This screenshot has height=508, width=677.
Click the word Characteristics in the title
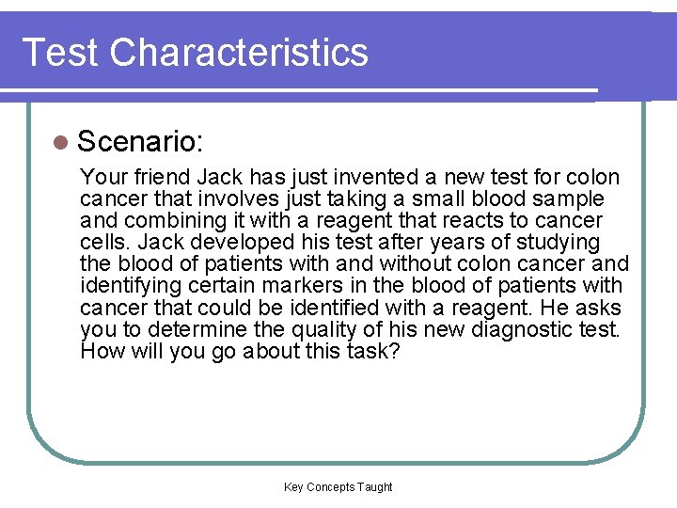239,52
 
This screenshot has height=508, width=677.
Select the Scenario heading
141,142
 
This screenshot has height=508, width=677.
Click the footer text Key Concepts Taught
338,486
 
